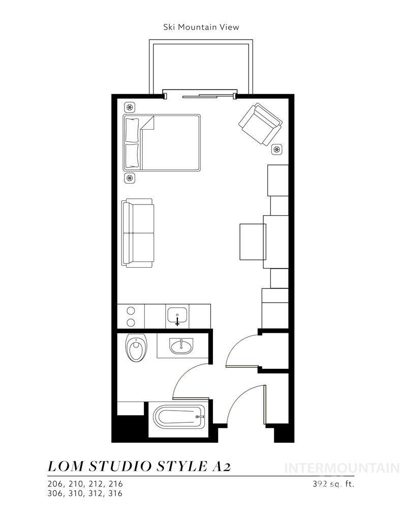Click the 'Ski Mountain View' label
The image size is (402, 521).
201,27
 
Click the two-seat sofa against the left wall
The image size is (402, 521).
137,233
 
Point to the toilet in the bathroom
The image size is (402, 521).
135,349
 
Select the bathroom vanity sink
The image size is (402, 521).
181,346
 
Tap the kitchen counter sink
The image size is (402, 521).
177,315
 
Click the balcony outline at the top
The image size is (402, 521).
200,66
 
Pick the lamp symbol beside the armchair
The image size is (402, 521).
277,149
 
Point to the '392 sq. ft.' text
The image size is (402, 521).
333,484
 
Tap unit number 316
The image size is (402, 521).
115,493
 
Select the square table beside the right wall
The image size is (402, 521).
253,242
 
